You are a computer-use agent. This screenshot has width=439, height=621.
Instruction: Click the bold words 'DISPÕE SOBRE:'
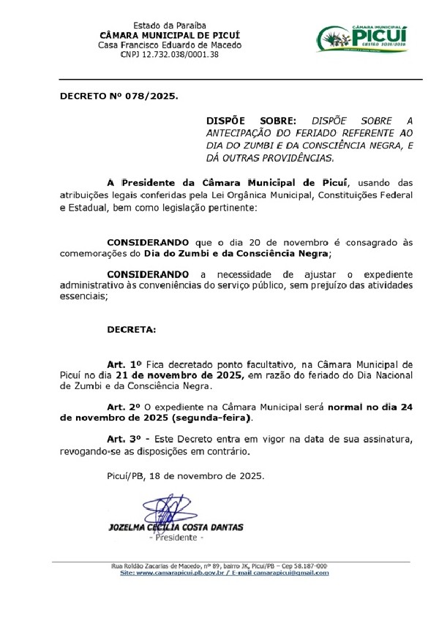[251, 119]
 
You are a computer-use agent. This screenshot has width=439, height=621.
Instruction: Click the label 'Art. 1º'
[124, 364]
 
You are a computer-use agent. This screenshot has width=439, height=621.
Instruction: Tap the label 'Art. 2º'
[124, 407]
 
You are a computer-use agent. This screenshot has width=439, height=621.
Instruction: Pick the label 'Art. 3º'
[124, 439]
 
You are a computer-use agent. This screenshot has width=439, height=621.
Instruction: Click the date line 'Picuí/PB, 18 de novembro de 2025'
[186, 475]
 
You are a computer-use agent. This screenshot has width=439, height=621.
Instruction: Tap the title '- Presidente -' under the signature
[176, 538]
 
